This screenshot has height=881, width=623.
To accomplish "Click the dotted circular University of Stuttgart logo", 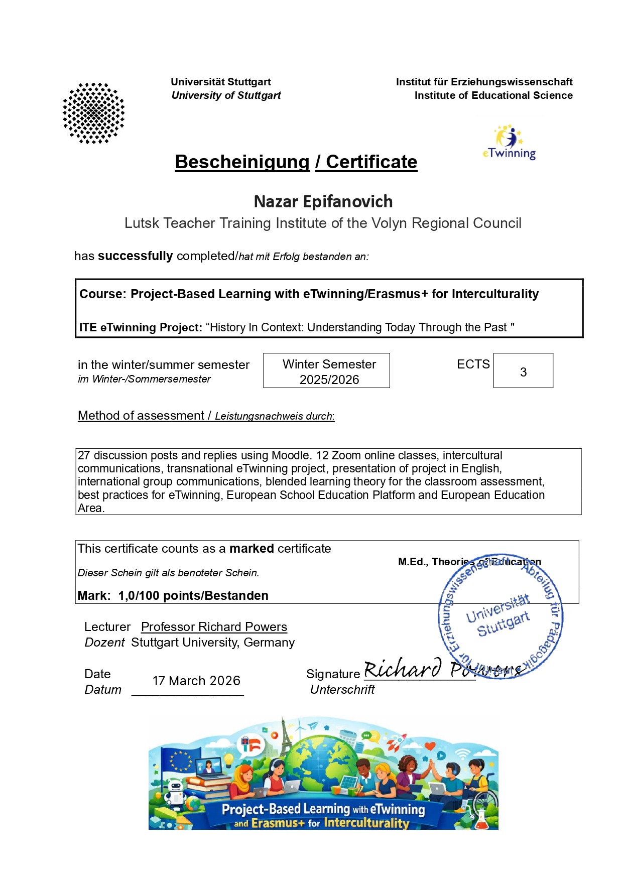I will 93,113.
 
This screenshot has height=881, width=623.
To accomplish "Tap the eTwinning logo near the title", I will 509,143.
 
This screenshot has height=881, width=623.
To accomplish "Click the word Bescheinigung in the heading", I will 242,162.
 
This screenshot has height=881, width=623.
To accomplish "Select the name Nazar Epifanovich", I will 323,202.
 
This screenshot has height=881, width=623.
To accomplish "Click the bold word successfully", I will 135,256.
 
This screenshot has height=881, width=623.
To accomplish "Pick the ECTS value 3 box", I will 523,371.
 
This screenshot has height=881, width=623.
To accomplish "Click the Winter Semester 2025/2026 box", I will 327,371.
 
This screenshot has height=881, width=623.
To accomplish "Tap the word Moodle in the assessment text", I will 290,455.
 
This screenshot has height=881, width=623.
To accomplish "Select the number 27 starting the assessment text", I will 84,455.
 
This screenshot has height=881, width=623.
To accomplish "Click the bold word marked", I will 252,549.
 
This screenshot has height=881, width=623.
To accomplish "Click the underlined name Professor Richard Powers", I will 214,627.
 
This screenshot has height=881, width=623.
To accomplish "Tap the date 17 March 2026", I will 196,681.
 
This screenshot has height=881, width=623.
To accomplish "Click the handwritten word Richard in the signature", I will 402,669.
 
